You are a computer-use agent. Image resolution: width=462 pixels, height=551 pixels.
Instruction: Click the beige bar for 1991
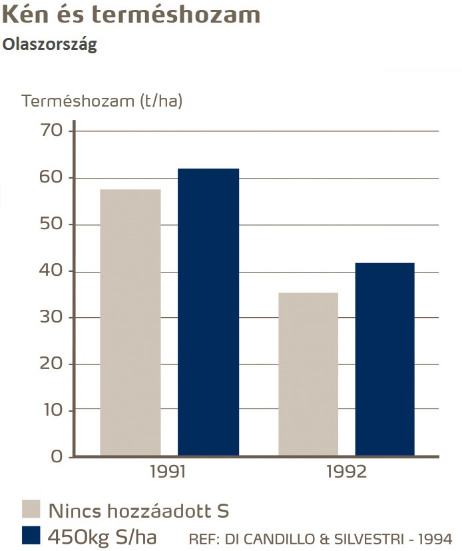pyautogui.click(x=130, y=322)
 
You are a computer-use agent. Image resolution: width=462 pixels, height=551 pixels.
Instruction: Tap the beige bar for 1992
pyautogui.click(x=308, y=374)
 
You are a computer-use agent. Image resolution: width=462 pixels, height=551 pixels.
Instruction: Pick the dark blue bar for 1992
pyautogui.click(x=385, y=359)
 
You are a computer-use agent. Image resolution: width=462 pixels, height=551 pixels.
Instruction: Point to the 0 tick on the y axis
pyautogui.click(x=56, y=457)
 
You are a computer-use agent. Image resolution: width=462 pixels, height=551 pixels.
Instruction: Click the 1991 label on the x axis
pyautogui.click(x=168, y=472)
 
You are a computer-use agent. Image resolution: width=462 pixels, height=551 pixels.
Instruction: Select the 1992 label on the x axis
pyautogui.click(x=347, y=472)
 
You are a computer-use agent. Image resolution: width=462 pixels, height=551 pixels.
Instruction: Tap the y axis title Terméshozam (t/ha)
pyautogui.click(x=102, y=101)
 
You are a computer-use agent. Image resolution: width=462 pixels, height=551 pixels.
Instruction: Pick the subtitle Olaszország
pyautogui.click(x=50, y=45)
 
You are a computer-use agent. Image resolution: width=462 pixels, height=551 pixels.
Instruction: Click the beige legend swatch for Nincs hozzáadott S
pyautogui.click(x=31, y=510)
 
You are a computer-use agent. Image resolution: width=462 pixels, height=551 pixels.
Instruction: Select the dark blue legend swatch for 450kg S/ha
pyautogui.click(x=31, y=535)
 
